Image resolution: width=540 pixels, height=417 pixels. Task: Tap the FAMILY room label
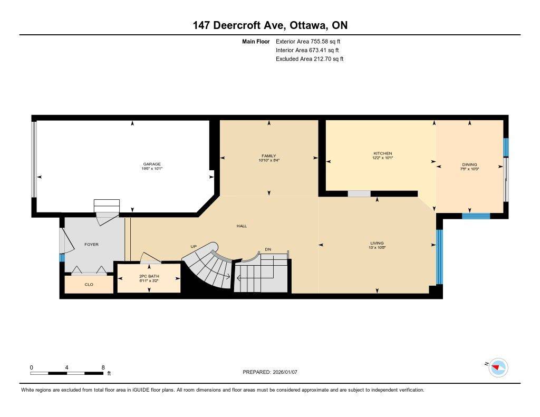[268, 156]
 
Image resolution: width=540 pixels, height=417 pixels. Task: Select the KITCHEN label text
[382, 153]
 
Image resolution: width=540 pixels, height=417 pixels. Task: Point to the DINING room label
[469, 164]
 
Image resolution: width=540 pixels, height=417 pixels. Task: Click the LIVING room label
[377, 243]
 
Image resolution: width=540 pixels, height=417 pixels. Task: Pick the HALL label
[242, 226]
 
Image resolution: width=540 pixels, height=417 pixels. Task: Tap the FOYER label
[91, 244]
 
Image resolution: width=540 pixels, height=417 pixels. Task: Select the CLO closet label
[89, 284]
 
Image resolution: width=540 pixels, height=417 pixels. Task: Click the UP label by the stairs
[194, 246]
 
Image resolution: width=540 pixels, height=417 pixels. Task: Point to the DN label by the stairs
[268, 249]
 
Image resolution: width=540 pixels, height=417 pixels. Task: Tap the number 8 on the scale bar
[103, 367]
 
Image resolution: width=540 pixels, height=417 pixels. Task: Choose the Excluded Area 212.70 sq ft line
[310, 59]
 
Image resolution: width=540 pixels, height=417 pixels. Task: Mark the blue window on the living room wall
[439, 256]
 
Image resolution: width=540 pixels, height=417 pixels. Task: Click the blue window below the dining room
[476, 216]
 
